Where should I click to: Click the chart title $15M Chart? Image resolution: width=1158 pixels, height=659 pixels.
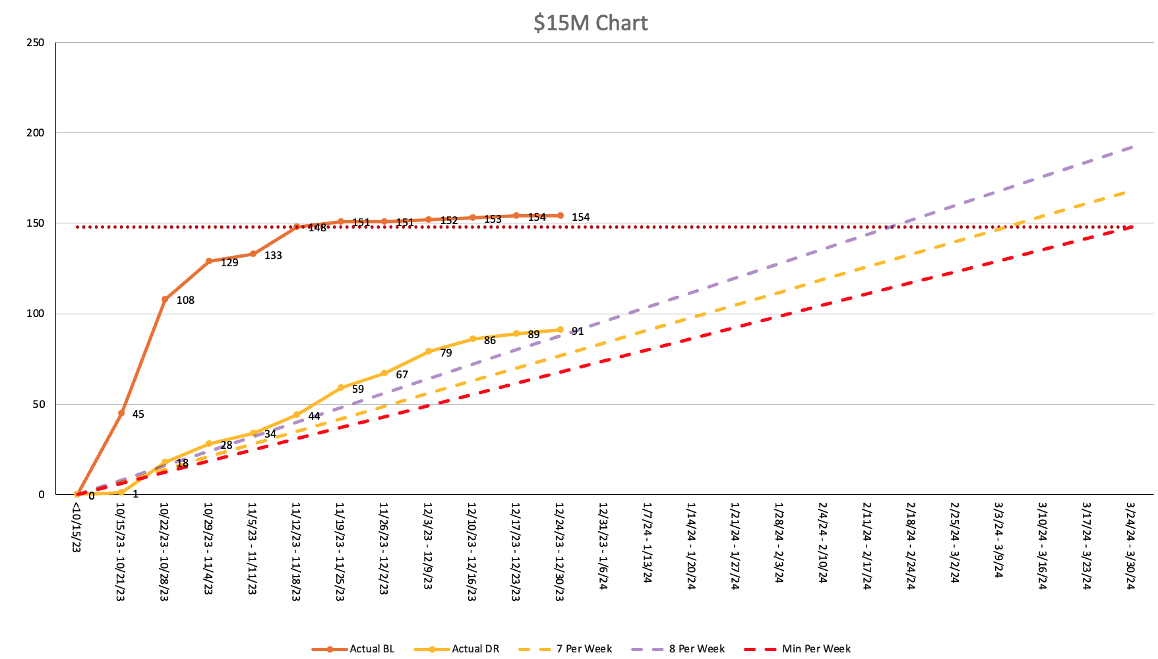(590, 23)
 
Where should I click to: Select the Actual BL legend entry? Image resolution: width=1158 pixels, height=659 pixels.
(353, 648)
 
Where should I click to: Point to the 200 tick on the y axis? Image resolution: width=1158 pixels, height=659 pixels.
(36, 133)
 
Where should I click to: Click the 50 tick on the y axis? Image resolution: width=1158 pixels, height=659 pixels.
(38, 404)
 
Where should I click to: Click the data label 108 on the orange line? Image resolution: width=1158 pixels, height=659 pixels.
(185, 301)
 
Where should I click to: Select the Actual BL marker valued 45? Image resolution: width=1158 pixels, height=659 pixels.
(121, 413)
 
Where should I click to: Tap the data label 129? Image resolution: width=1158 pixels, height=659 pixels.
(229, 263)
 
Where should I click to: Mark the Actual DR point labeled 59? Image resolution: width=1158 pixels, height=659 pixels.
(341, 388)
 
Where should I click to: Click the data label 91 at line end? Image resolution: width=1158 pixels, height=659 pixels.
(578, 331)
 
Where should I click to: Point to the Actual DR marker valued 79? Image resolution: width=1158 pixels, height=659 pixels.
(429, 351)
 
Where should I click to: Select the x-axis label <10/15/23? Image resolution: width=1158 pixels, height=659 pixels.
(76, 527)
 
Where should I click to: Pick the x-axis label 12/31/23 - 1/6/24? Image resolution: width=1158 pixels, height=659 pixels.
(603, 546)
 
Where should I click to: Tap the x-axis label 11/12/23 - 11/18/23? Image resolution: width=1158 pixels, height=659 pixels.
(296, 551)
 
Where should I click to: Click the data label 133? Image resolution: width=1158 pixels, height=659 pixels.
(273, 256)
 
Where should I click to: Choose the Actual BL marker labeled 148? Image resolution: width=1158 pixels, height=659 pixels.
(297, 227)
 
